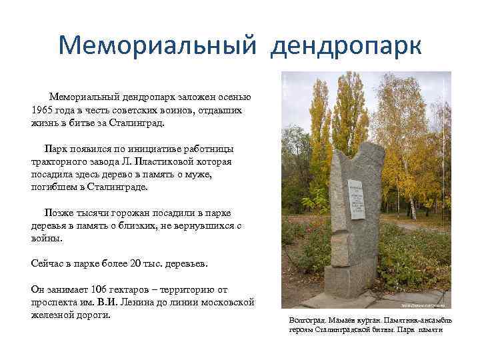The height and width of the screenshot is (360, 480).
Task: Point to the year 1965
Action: pyautogui.click(x=44, y=109)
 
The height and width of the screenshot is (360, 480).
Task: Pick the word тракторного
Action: pyautogui.click(x=59, y=161)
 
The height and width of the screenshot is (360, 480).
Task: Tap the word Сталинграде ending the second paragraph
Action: pyautogui.click(x=116, y=187)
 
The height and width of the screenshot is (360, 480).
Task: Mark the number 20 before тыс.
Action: pyautogui.click(x=140, y=264)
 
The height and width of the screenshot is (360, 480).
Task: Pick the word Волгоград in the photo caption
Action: pyautogui.click(x=308, y=321)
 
